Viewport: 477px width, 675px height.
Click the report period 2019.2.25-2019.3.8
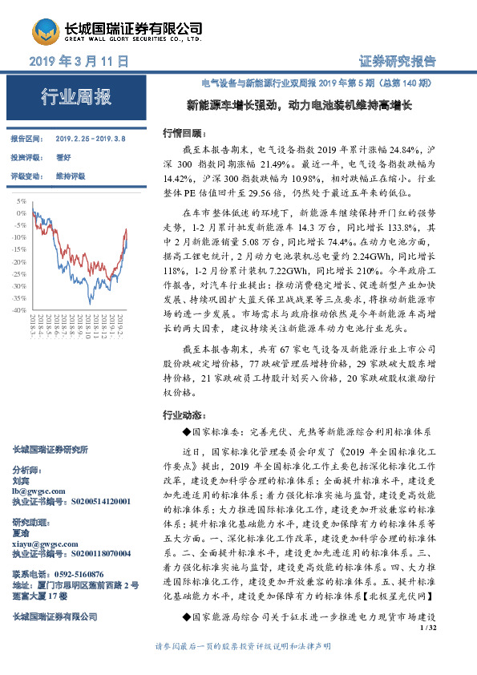[89, 139]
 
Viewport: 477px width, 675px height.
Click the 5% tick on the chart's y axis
[21, 201]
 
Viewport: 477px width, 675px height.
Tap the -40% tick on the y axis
[19, 309]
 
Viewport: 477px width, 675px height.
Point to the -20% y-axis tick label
[19, 261]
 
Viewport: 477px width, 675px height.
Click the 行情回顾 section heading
[180, 132]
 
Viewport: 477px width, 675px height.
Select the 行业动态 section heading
[180, 415]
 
